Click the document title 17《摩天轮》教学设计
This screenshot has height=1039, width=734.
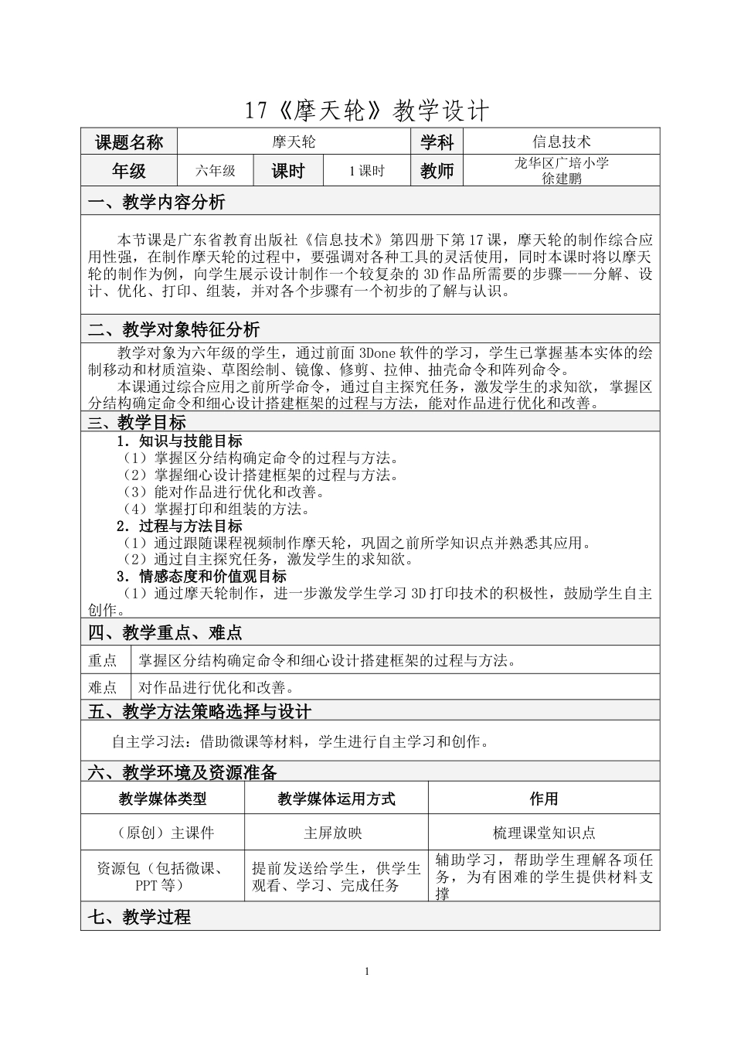(x=367, y=111)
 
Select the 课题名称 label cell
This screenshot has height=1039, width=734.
(x=129, y=142)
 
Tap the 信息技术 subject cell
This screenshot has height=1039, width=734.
(x=562, y=141)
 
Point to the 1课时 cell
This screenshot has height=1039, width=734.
(x=366, y=171)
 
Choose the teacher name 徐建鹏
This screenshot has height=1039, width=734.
(x=562, y=178)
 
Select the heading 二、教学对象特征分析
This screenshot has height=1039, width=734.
(x=174, y=330)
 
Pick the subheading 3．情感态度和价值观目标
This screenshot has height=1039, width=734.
(x=201, y=577)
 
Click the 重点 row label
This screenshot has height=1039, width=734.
(x=103, y=660)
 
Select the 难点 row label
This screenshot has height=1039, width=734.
(x=103, y=687)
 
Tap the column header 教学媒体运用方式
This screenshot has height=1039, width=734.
(x=336, y=799)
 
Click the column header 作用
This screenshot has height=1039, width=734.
(x=544, y=799)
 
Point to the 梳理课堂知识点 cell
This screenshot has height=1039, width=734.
(x=544, y=833)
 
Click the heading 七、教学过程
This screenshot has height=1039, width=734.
(x=139, y=918)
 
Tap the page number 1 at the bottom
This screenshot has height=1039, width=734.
(x=368, y=972)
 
